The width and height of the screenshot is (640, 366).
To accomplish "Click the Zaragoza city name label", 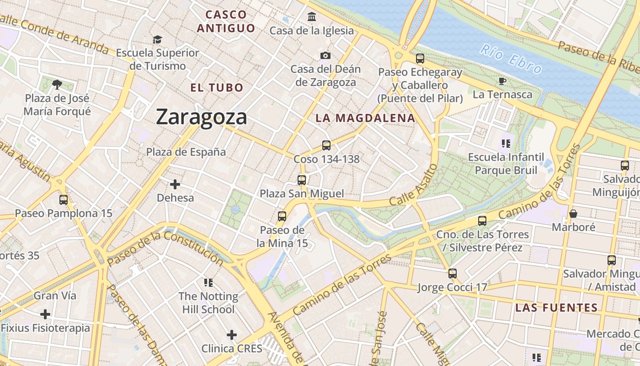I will [202, 117].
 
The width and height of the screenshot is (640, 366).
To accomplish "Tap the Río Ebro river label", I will [511, 59].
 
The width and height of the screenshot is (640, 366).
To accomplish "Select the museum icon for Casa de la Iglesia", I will [312, 17].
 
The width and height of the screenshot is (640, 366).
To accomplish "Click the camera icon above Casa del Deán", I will [325, 55].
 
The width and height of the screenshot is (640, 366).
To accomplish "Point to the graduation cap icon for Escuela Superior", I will [157, 39].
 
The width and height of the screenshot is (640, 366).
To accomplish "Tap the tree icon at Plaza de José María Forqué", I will [57, 84].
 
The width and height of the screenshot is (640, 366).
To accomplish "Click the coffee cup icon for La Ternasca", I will [502, 81].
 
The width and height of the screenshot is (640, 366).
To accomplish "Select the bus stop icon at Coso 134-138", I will [326, 145].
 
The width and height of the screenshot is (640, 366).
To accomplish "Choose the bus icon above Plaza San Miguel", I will [302, 180].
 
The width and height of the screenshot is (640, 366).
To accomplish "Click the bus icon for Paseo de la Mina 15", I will [282, 216].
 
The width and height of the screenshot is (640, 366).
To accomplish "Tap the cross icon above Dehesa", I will [175, 184].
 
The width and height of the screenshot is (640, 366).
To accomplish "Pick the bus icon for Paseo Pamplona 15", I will [64, 199].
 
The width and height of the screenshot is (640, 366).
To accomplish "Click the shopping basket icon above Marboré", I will [573, 214].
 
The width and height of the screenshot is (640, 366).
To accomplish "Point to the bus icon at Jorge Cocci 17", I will [453, 274].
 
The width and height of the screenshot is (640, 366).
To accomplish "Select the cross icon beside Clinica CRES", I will [232, 335].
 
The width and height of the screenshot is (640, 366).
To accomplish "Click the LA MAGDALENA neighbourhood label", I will [365, 118].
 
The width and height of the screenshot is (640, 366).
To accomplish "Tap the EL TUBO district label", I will [217, 87].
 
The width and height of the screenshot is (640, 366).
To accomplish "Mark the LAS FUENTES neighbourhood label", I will [556, 307].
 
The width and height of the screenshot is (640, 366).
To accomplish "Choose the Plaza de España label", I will [186, 152].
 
